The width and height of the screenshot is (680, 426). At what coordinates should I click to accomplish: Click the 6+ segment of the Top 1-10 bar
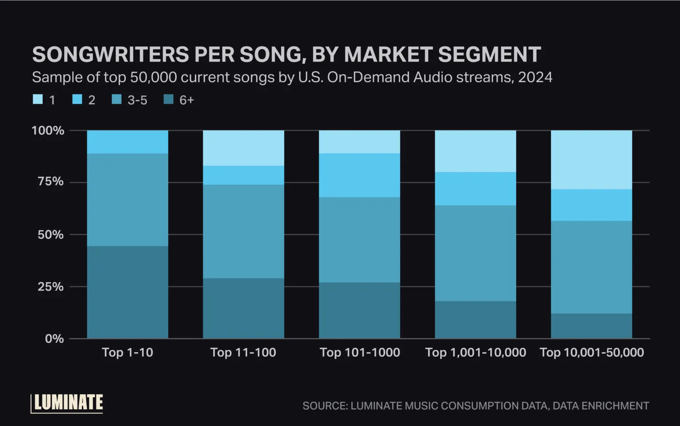tap(127, 292)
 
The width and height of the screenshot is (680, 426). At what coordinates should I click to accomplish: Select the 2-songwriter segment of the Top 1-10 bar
tap(127, 142)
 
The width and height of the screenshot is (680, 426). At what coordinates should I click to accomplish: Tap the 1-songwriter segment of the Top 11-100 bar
tap(243, 148)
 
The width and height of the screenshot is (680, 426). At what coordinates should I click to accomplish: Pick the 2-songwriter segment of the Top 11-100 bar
tap(243, 175)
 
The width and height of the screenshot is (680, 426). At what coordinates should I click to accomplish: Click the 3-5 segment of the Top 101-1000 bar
tap(359, 239)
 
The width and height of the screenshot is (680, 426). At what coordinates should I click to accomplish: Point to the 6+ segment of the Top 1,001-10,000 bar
tap(475, 319)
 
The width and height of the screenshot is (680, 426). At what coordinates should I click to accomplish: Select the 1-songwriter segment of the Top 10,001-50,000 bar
tap(591, 160)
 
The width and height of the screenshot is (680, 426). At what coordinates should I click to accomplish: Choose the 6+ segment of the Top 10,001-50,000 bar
tap(591, 326)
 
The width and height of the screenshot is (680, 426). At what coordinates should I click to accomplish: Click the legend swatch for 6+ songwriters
tap(169, 100)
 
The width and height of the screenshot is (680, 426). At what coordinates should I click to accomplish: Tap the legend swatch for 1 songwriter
tap(38, 100)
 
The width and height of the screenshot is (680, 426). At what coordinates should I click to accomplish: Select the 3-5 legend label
tap(137, 100)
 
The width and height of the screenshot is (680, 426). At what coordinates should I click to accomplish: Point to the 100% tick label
tap(48, 130)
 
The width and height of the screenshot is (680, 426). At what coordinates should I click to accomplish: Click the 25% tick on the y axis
tap(50, 287)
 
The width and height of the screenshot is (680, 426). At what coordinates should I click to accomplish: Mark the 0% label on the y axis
tap(54, 339)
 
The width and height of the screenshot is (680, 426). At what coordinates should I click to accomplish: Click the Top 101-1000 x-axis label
tap(359, 353)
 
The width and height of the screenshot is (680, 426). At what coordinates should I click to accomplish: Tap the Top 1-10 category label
tap(127, 353)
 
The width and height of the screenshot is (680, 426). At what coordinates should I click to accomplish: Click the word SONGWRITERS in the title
tap(111, 55)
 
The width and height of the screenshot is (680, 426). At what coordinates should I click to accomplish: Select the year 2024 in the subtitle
tap(535, 77)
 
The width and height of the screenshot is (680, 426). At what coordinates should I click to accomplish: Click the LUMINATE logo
tap(67, 403)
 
